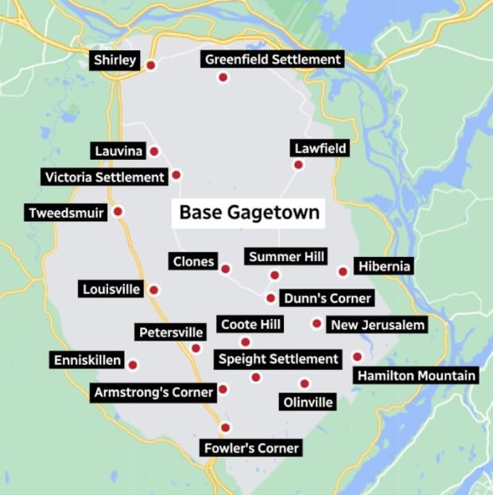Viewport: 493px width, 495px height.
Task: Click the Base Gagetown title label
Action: coord(249,212)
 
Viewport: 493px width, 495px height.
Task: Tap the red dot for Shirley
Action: coord(150,65)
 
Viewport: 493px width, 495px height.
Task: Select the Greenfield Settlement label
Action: coord(273,60)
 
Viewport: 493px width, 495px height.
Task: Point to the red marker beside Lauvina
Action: coord(154,151)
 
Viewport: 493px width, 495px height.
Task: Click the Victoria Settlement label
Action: coord(105,177)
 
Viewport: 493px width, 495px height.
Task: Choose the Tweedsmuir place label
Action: coord(67,213)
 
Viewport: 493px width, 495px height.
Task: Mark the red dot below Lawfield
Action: coord(298,165)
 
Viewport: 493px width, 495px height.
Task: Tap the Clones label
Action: coord(192,261)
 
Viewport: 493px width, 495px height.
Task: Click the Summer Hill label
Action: coord(275,256)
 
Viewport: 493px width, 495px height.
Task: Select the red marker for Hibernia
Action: coord(343,271)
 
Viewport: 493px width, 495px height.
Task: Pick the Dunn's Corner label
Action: coord(327,298)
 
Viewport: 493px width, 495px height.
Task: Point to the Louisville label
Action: coord(111,289)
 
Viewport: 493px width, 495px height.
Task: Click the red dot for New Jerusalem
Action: coord(316,323)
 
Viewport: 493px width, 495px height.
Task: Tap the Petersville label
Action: coord(171,332)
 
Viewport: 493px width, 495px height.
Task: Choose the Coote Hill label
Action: coord(250,324)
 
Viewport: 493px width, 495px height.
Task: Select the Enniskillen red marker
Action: coord(133,364)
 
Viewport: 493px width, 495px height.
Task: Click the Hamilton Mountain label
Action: coord(416,376)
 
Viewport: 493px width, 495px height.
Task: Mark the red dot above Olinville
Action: coord(304,383)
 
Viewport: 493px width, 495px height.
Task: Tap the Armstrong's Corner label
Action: coord(153,392)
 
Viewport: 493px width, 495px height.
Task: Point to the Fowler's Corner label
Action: coord(250,448)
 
